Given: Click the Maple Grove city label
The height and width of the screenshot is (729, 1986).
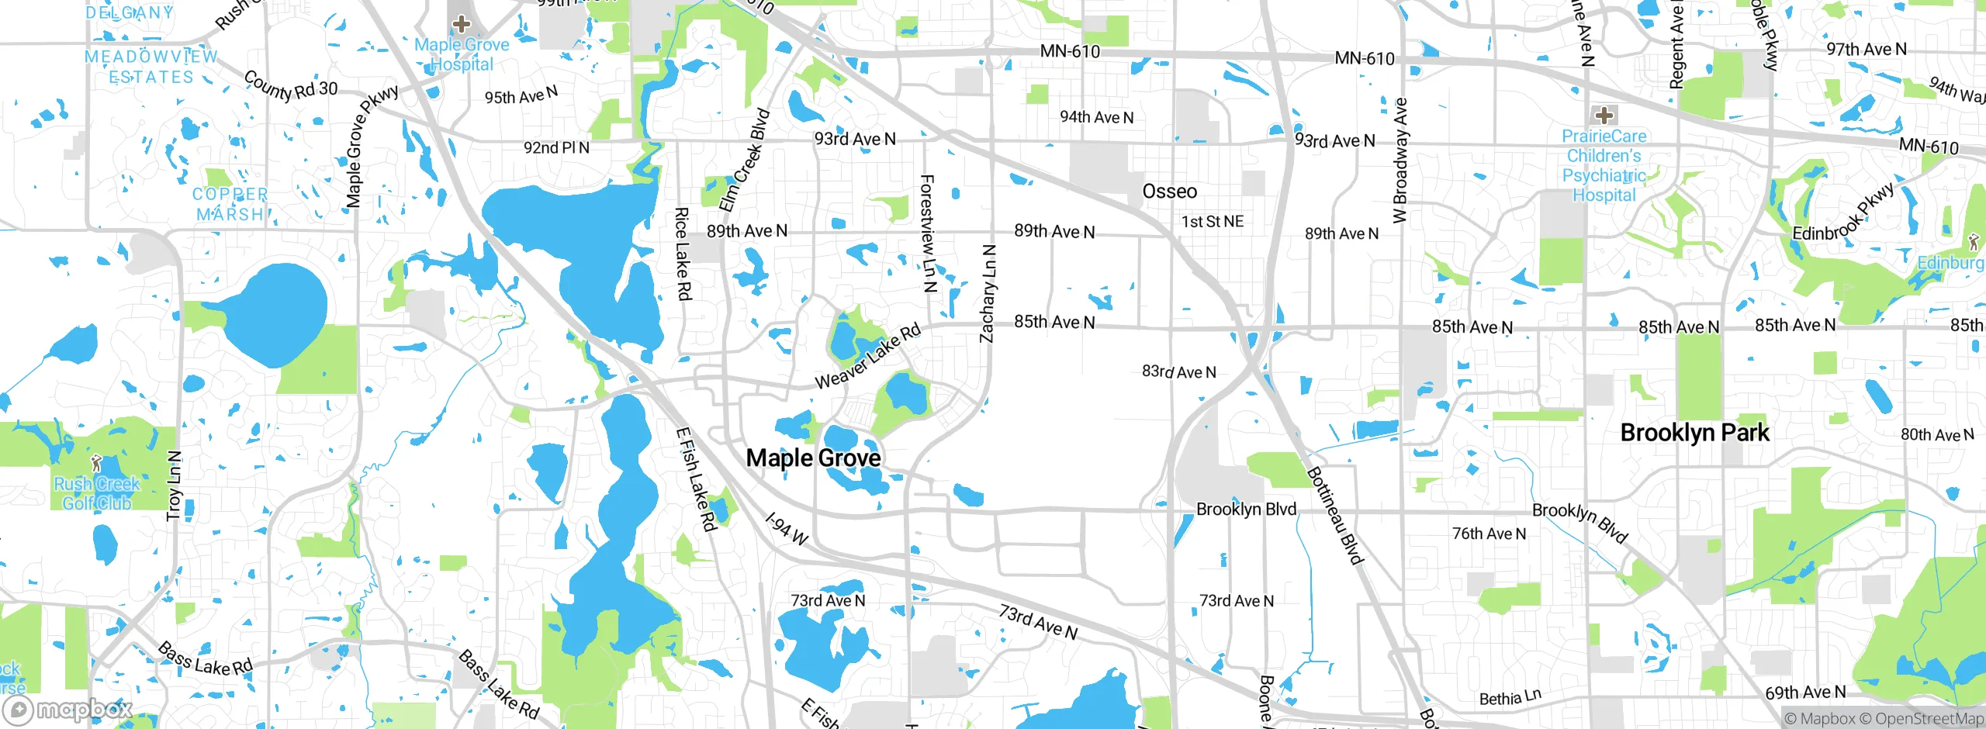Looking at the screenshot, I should pos(813,458).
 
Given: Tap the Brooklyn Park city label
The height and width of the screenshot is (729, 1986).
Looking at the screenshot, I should pos(1694,433).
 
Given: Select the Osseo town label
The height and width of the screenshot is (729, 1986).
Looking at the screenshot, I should pos(1169,192).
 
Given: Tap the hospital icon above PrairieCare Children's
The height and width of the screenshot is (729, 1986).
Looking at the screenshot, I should pos(1604,116).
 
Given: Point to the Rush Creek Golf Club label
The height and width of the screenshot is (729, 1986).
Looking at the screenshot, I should pos(96,493).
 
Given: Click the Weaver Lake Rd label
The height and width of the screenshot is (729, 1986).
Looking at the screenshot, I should pos(867,356).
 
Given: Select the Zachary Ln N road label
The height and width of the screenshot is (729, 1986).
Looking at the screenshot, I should pos(987,294).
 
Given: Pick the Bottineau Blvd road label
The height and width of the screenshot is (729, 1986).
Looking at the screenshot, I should pos(1334,516).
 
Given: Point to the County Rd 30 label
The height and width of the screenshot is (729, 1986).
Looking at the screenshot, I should pos(291,86).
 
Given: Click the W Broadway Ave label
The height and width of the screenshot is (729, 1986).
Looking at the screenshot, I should pos(1400,161).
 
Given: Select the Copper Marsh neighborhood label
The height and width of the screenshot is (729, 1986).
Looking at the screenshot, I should pos(230,204).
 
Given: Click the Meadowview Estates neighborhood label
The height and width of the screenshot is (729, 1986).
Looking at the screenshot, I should pos(151,67).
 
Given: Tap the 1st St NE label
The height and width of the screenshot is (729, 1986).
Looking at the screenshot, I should pos(1212,222).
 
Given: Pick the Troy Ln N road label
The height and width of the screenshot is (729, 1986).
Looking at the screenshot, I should pos(174,485).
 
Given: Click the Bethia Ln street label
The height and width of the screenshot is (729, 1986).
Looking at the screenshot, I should pos(1510,697).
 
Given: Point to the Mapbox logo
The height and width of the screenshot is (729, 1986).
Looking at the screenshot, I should pos(68,709).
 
